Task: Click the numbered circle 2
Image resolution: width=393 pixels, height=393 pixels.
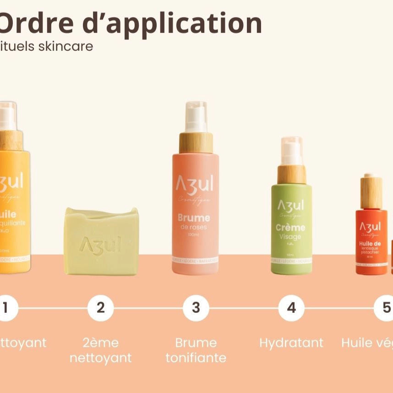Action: tap(100, 308)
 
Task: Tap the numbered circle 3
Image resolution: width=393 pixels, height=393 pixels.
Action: tap(196, 308)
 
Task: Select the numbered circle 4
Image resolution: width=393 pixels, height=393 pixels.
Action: tap(291, 308)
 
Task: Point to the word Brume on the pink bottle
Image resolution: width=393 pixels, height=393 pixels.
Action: tap(195, 218)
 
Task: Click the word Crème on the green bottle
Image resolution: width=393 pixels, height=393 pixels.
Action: tap(290, 228)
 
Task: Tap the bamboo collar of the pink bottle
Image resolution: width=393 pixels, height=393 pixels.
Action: tap(196, 142)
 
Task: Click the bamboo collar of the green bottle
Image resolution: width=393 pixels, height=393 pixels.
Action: tap(291, 174)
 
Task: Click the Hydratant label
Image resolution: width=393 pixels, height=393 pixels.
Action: tap(291, 343)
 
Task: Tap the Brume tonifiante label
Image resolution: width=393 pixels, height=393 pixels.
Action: tap(196, 350)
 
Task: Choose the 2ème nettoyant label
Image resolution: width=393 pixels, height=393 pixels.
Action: tap(100, 350)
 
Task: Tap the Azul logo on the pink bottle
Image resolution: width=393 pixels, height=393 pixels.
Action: tap(195, 184)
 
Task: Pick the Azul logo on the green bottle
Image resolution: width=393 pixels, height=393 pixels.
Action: tap(290, 205)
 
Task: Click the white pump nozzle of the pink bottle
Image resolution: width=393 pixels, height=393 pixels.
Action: tap(196, 117)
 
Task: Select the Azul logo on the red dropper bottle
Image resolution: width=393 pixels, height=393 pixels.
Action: tap(370, 226)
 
